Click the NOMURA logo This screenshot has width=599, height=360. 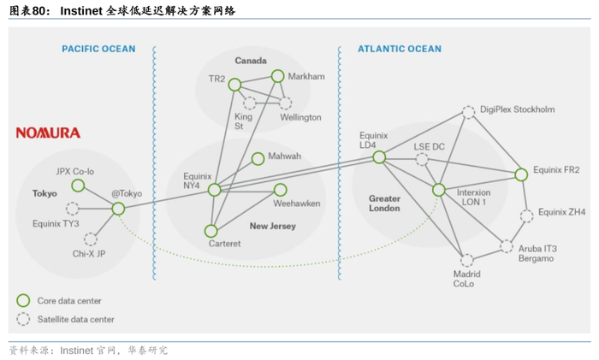coord(48,133)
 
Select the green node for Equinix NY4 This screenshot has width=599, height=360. coord(215,190)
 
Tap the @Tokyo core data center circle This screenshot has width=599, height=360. coord(118,209)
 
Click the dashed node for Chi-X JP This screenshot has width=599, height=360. coord(90,239)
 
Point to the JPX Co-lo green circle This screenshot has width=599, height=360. coord(78,186)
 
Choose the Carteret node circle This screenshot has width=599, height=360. coord(211,231)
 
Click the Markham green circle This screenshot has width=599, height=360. coord(277,76)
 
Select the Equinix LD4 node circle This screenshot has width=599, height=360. coord(379,157)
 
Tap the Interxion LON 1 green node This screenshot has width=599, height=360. coord(439,190)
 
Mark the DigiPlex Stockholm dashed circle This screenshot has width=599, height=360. coord(468,111)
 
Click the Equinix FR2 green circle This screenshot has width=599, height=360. coord(521,174)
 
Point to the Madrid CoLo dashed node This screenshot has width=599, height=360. coord(466,260)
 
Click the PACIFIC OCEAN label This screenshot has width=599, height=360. coord(98,49)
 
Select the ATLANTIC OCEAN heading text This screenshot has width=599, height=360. coord(400,49)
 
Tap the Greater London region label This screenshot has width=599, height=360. coord(384,203)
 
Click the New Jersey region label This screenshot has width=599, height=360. coord(272,227)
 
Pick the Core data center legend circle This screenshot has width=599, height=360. coord(23,300)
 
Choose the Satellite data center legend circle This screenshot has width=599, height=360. coord(23,319)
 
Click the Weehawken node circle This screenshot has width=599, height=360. coord(280,190)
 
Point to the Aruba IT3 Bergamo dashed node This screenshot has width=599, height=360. coord(507,246)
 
